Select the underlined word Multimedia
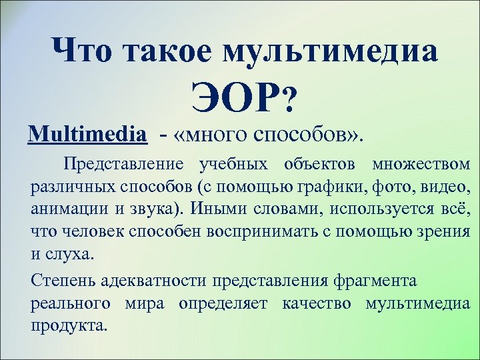coord(87,135)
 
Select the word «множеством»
coord(421,165)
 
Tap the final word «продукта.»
coord(68,326)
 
